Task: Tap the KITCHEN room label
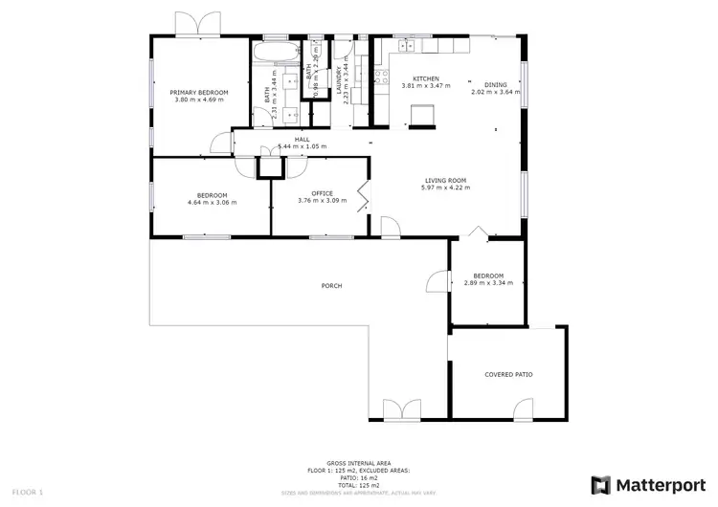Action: coord(425,78)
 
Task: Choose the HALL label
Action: coord(302,140)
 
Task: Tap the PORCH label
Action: coord(332,285)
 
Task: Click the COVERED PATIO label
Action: coord(508,374)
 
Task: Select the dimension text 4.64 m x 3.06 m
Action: coord(212,203)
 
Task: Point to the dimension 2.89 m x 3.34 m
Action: coord(488,282)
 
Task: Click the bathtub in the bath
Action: coord(276,48)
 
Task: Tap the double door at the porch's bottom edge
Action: coord(402,411)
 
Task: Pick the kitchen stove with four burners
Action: coord(406,45)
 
